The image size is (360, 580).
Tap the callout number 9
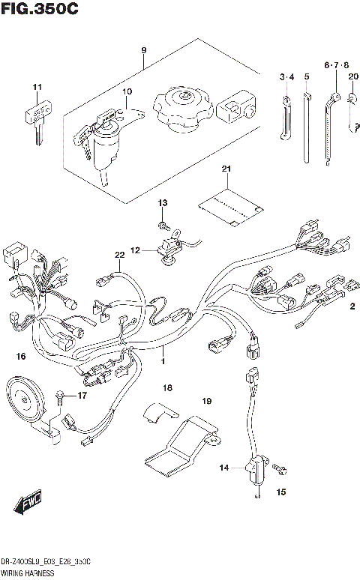(143, 51)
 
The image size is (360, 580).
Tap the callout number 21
(224, 171)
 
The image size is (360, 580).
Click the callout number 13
(162, 204)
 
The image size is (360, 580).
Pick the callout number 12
(135, 250)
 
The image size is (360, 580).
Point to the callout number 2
(350, 306)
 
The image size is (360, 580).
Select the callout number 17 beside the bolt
(82, 395)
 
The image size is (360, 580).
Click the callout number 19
(207, 402)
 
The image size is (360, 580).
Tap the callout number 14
(223, 468)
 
